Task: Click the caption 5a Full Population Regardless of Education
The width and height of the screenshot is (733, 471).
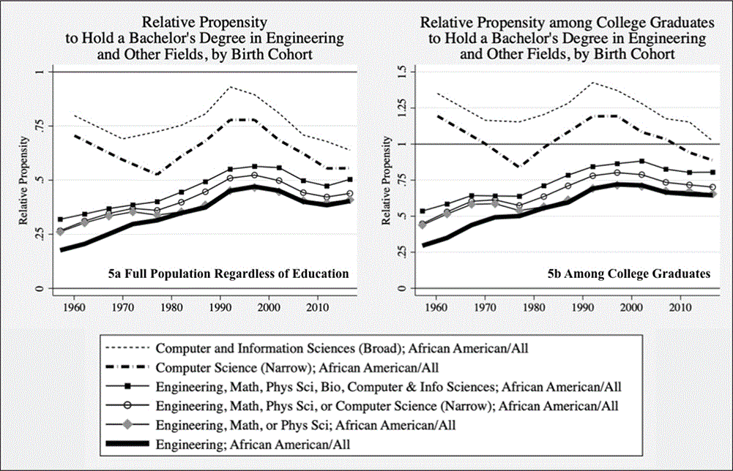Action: (x=228, y=274)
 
